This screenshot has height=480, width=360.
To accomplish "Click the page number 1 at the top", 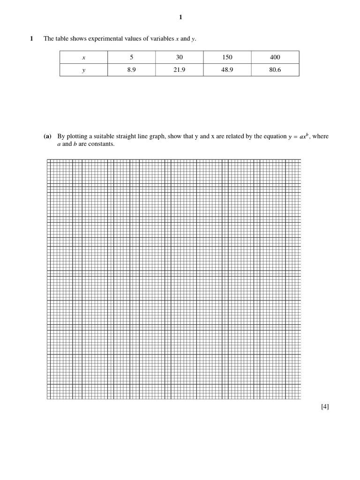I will click(x=180, y=17).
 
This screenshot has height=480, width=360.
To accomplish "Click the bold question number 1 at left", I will click(x=31, y=38).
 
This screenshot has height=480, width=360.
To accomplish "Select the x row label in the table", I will click(x=83, y=57).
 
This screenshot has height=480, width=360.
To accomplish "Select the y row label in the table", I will click(x=83, y=70).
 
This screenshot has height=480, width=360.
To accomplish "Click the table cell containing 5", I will click(x=131, y=57).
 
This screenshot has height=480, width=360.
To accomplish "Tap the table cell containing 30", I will click(x=179, y=57).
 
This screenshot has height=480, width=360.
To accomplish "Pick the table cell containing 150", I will click(x=227, y=57).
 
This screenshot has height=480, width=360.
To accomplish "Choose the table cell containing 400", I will click(x=275, y=57).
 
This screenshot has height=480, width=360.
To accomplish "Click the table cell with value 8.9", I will click(x=131, y=70).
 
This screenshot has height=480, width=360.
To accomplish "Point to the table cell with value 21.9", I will click(x=179, y=70).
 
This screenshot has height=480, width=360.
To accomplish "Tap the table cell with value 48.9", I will click(x=227, y=70).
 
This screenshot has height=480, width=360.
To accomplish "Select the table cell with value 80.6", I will click(x=275, y=70).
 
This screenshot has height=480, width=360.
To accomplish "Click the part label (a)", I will click(x=47, y=136).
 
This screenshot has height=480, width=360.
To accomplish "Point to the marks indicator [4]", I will click(x=325, y=407).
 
